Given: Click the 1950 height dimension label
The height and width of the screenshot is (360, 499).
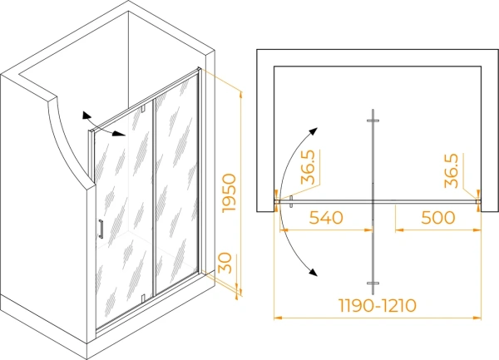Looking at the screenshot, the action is click(230, 193).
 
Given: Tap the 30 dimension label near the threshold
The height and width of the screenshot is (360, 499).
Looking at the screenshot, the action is click(225, 263).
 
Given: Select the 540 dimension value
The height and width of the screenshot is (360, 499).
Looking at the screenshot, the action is click(326, 218).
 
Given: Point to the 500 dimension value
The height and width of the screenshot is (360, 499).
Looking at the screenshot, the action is click(438, 218).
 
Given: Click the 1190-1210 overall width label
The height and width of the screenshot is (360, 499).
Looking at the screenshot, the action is click(377, 306).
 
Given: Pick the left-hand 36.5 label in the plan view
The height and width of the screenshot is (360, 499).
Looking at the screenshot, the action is click(308, 168).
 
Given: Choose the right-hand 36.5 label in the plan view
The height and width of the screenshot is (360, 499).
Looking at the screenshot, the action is click(452, 170).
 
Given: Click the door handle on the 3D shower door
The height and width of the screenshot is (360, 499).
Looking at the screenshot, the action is click(101, 229).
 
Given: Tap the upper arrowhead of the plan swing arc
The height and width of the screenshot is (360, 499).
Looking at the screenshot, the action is click(314, 131).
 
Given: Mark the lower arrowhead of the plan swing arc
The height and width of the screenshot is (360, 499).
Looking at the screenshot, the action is click(314, 272).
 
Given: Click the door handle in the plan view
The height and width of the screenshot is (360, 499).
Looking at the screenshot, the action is click(291, 202).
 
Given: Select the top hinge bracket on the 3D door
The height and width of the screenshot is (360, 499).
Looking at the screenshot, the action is click(143, 108).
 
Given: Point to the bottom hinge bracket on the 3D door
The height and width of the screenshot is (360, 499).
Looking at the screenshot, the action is click(143, 298).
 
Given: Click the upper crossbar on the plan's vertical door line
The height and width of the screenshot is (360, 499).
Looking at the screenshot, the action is click(373, 121).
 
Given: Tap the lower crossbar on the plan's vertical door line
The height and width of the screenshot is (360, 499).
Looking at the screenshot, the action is click(373, 283).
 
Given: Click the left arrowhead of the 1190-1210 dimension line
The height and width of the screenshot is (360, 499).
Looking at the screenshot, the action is click(278, 318).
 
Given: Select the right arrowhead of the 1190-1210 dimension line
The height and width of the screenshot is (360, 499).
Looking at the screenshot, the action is click(477, 318).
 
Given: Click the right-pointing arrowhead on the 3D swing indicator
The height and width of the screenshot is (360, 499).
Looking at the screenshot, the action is click(119, 134).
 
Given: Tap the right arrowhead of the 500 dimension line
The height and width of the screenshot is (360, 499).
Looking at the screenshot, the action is click(477, 229).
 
